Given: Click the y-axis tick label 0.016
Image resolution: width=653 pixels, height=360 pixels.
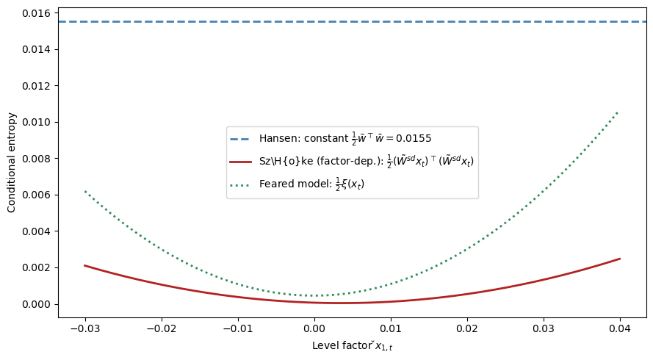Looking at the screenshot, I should pyautogui.click(x=36, y=13).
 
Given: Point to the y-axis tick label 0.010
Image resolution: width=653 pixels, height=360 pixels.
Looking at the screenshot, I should pyautogui.click(x=36, y=122).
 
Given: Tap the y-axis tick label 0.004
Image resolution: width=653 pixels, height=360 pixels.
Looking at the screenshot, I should pyautogui.click(x=36, y=231).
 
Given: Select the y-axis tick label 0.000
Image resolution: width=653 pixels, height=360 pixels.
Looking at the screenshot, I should pyautogui.click(x=36, y=303).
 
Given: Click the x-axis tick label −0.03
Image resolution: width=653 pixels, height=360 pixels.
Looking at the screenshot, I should pyautogui.click(x=85, y=328).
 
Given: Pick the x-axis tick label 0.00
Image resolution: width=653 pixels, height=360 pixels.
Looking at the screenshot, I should pyautogui.click(x=314, y=328).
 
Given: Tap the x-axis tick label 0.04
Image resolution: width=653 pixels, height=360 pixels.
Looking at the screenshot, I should pyautogui.click(x=620, y=328).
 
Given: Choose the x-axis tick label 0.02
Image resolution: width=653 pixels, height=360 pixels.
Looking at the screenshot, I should pyautogui.click(x=467, y=328).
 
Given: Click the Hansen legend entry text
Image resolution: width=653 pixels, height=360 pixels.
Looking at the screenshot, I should pyautogui.click(x=345, y=138).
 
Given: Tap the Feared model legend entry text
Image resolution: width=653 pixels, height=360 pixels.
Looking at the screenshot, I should pyautogui.click(x=312, y=184).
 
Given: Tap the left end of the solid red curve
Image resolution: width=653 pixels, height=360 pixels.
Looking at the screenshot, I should pyautogui.click(x=85, y=265).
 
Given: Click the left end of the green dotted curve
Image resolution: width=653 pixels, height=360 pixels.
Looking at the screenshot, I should pyautogui.click(x=85, y=191).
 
